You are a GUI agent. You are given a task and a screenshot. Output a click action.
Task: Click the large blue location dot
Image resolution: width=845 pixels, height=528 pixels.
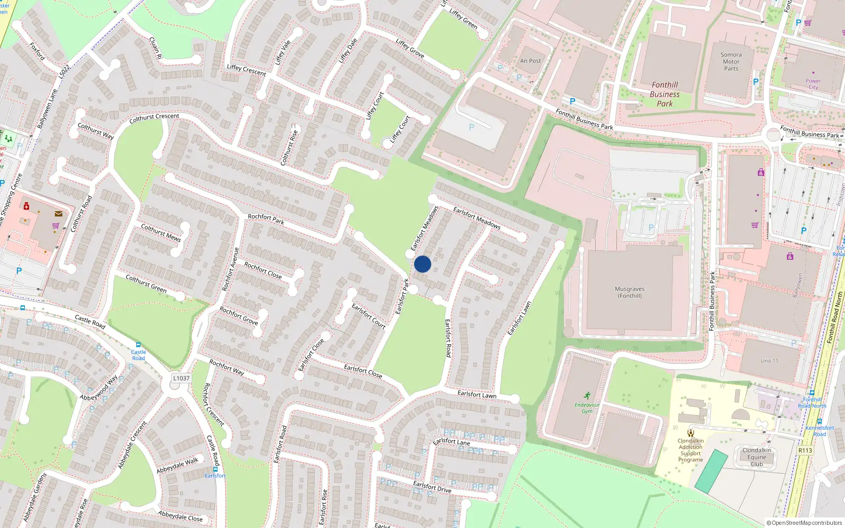(422, 264)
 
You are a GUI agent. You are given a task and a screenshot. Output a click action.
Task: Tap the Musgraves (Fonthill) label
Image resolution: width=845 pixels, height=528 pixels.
(630, 293)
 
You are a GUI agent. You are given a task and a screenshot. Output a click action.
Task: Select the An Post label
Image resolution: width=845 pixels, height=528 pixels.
(530, 61)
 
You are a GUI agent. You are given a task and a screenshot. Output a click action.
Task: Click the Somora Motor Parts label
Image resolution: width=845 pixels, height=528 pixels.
(731, 62)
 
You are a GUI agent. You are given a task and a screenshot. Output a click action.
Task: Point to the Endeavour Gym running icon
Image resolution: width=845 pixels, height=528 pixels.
(587, 395)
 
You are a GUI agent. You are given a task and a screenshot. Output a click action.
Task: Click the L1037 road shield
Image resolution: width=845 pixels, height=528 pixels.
(181, 378)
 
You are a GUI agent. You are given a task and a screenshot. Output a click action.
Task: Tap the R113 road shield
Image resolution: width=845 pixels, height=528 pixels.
(805, 450)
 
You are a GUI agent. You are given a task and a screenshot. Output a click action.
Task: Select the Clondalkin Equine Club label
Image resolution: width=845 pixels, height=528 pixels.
(756, 457)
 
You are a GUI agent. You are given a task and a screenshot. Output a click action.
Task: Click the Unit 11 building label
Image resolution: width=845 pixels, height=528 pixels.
(769, 361)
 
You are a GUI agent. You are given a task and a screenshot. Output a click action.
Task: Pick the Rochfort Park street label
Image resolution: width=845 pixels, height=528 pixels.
(266, 219)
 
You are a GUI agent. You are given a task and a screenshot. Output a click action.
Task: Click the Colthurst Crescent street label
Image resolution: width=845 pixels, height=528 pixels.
(154, 118)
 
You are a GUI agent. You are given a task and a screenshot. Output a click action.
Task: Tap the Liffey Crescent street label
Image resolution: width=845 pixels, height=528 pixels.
(246, 70)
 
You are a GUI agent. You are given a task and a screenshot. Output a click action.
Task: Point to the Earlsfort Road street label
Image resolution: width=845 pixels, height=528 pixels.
(448, 338)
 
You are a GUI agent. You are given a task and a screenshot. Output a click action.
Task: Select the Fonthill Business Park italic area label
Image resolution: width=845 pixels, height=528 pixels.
(664, 94)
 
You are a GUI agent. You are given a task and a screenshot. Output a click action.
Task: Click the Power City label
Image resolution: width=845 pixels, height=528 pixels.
(813, 84)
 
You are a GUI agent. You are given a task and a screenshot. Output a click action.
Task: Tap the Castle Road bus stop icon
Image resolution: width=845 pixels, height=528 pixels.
(138, 345)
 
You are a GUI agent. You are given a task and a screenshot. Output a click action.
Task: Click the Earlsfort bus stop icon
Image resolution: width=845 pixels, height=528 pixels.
(215, 469)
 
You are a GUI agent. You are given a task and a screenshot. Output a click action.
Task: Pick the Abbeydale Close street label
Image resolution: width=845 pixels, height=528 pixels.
(180, 516)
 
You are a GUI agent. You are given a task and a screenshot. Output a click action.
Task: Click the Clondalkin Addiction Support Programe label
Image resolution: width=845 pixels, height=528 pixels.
(690, 450)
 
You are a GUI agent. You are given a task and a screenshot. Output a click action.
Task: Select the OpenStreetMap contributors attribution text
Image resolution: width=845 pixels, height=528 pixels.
(804, 523)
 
